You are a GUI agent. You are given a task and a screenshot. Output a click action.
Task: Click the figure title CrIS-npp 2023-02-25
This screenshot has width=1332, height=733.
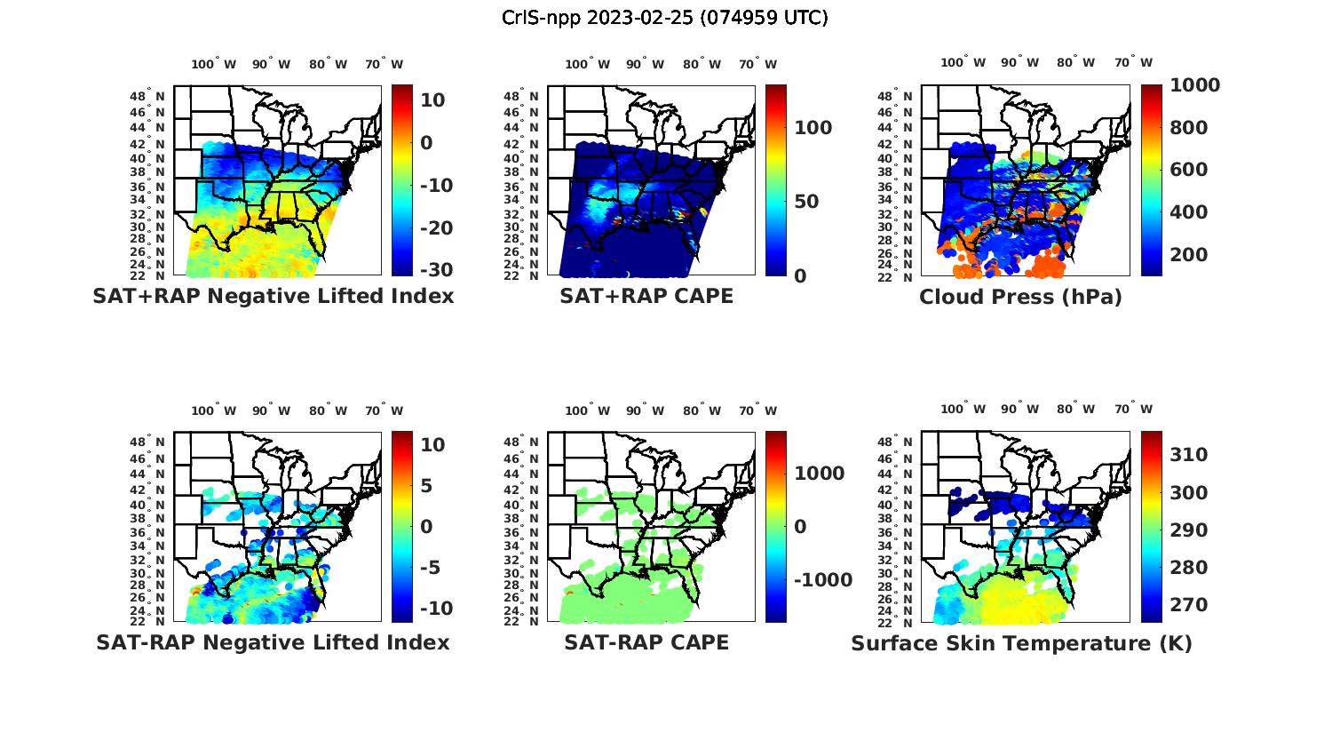[664, 18]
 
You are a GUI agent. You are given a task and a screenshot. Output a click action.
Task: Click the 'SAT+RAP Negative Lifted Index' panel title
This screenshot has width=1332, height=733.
[273, 296]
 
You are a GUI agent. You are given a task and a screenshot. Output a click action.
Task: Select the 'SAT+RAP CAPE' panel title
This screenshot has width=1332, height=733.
[646, 296]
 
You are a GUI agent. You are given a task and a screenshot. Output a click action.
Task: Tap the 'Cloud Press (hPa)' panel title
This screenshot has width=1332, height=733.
[1020, 297]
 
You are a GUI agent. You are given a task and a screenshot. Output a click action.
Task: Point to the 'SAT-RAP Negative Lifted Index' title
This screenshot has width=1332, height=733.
[273, 642]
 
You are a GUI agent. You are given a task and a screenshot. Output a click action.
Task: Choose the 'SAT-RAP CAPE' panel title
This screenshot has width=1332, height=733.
[646, 642]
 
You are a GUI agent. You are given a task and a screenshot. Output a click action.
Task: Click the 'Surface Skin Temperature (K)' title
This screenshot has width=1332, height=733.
[1021, 643]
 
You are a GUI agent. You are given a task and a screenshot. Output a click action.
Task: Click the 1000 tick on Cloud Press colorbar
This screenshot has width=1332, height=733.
[1194, 85]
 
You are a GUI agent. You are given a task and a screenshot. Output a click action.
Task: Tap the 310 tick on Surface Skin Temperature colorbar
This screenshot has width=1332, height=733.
[1188, 455]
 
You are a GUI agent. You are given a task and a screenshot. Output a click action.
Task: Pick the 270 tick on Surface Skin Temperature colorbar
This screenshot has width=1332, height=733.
[1188, 605]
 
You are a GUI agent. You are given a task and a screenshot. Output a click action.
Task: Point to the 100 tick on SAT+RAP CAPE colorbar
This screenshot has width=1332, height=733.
[813, 128]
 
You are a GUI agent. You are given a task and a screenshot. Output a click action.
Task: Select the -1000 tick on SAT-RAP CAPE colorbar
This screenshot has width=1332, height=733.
[822, 580]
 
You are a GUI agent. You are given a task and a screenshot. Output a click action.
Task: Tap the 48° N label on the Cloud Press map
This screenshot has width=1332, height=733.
[904, 96]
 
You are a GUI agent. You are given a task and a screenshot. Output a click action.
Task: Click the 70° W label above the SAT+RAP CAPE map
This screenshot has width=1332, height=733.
[758, 64]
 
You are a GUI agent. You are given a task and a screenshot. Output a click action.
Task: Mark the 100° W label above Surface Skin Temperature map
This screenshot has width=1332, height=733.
[963, 410]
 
